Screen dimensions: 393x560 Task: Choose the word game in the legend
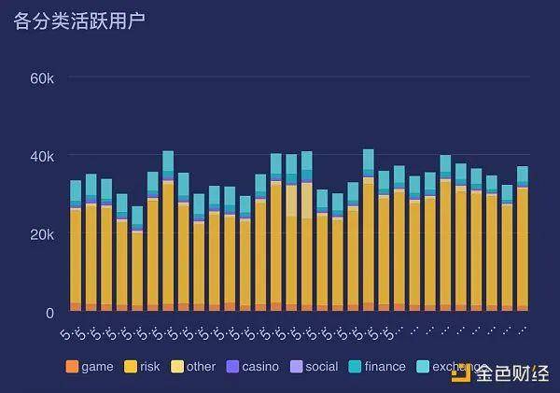pyautogui.click(x=97, y=367)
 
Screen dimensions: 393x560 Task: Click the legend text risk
pyautogui.click(x=150, y=367)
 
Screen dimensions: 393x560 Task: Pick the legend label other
pyautogui.click(x=201, y=367)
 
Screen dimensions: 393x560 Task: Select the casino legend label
pyautogui.click(x=259, y=367)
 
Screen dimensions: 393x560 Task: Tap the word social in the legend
pyautogui.click(x=321, y=367)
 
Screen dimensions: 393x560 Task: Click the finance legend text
pyautogui.click(x=385, y=367)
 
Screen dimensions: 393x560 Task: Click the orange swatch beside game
pyautogui.click(x=72, y=367)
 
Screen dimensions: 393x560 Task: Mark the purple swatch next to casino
pyautogui.click(x=232, y=367)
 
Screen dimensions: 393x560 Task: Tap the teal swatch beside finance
pyautogui.click(x=355, y=367)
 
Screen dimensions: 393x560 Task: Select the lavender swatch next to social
pyautogui.click(x=295, y=367)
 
